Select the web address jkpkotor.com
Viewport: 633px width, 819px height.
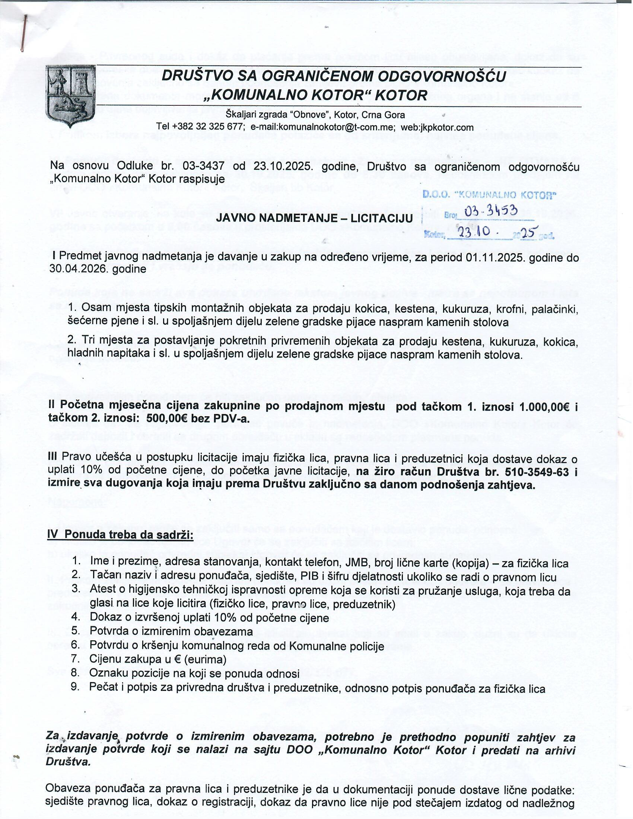446,127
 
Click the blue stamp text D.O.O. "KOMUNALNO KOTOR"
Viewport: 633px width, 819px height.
489,195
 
